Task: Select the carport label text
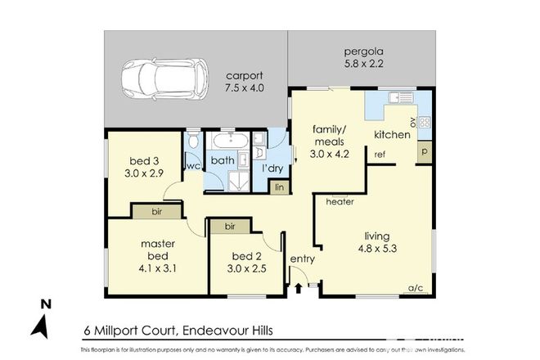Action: [x=245, y=75]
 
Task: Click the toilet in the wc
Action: [x=192, y=145]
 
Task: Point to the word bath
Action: [x=223, y=161]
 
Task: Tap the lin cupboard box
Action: [x=281, y=187]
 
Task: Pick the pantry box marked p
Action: [x=424, y=152]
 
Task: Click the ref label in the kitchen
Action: [x=380, y=154]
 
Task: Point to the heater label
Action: [x=339, y=201]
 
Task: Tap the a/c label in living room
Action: [x=417, y=287]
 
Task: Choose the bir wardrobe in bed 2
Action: [x=231, y=225]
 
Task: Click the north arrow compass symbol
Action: [x=39, y=322]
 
